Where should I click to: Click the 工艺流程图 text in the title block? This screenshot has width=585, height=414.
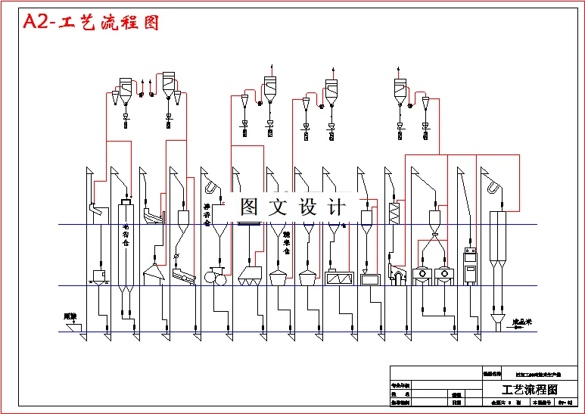(529, 390)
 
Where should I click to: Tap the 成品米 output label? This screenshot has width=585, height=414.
(522, 322)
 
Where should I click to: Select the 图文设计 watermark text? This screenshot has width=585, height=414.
(292, 207)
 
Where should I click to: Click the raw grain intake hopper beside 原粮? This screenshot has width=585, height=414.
(75, 327)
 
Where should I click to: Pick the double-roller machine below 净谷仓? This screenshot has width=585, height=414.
(215, 277)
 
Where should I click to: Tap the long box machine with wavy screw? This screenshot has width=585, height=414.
(338, 278)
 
